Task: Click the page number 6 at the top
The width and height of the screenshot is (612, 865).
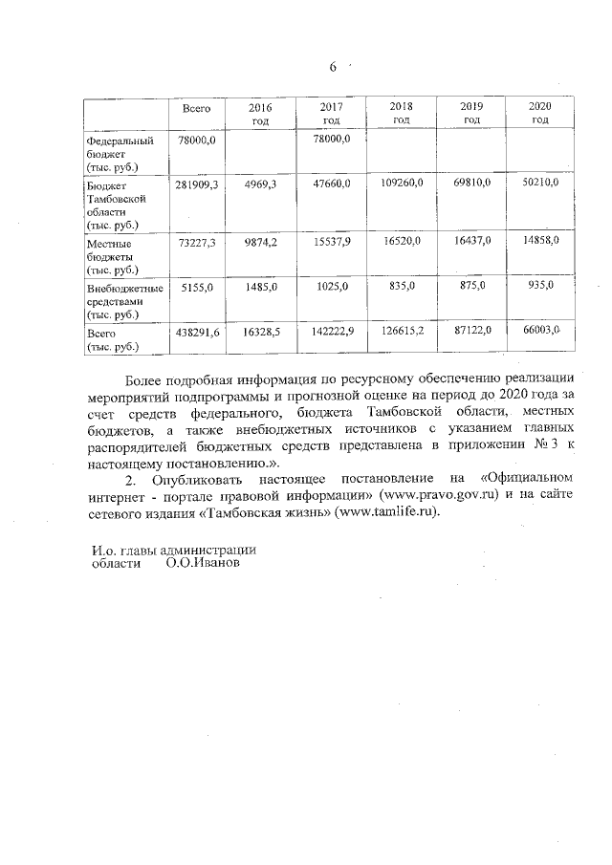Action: (333, 68)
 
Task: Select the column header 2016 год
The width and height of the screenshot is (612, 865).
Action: (260, 114)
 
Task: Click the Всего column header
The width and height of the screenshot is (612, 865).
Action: (196, 109)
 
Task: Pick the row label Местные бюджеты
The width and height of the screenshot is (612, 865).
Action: (110, 256)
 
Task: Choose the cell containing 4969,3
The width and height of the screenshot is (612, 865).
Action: (260, 183)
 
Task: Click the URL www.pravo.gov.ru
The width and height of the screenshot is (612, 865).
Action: (437, 497)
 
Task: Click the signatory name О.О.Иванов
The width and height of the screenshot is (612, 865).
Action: (203, 563)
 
